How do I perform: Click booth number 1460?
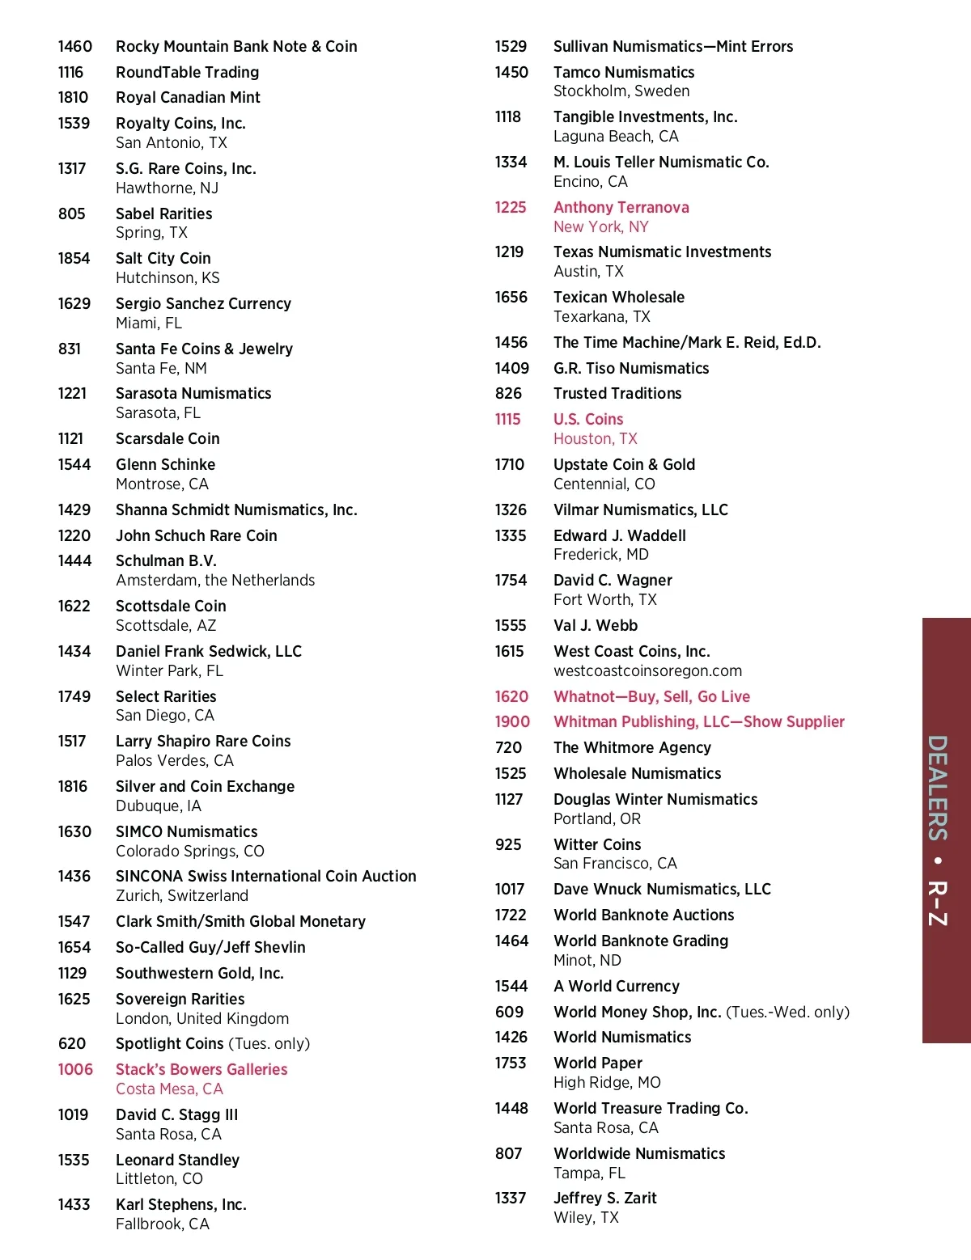(x=74, y=47)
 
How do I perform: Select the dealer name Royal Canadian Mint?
(x=188, y=98)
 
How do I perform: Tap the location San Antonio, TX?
(x=172, y=143)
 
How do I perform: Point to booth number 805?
(x=71, y=214)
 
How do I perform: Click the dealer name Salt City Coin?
(x=163, y=259)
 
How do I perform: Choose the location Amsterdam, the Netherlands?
(x=215, y=581)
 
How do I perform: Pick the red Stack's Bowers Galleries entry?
(x=201, y=1070)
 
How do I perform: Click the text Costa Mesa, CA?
(x=169, y=1089)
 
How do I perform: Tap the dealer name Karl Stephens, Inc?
(x=181, y=1205)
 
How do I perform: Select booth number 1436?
(x=74, y=877)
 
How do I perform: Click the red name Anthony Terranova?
(x=621, y=208)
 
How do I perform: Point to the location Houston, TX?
(x=596, y=439)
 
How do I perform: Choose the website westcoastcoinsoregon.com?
(x=647, y=671)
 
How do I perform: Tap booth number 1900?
(x=512, y=722)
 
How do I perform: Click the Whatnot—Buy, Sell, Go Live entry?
(x=651, y=697)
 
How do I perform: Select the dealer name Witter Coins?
(x=597, y=845)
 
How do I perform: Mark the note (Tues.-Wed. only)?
(x=787, y=1013)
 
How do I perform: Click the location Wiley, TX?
(x=586, y=1218)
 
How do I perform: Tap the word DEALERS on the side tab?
(x=938, y=788)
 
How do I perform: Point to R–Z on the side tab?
(x=938, y=903)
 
